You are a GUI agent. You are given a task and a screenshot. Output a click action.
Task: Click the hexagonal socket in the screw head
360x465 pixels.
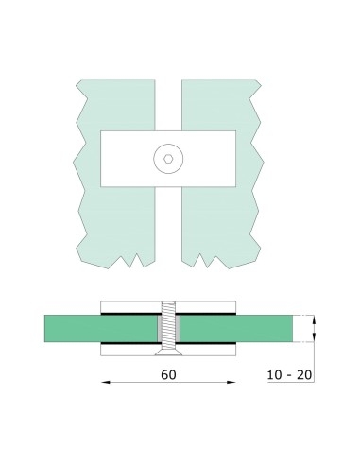(166, 160)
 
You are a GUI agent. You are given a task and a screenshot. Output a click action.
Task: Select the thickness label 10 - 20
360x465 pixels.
(289, 376)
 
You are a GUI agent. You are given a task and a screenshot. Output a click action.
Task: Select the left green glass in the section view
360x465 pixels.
(76, 328)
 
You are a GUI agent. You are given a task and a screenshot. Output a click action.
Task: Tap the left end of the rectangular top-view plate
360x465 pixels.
(109, 160)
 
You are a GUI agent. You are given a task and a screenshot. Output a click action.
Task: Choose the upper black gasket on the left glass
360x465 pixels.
(128, 314)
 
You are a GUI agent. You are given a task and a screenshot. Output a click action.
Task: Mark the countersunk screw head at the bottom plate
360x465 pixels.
(166, 348)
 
